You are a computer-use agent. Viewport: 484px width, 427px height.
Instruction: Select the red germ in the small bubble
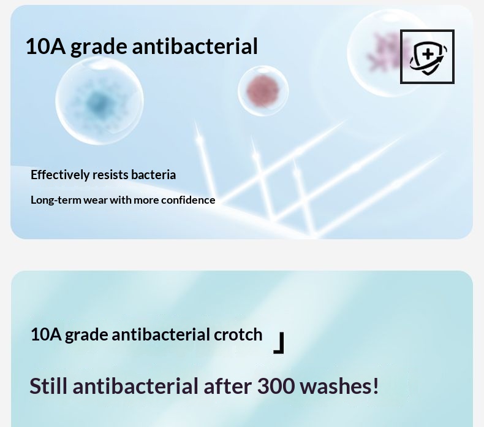pyautogui.click(x=263, y=91)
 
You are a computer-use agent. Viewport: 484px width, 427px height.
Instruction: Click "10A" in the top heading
pyautogui.click(x=45, y=47)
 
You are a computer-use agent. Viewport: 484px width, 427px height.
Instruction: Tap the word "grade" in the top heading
pyautogui.click(x=99, y=47)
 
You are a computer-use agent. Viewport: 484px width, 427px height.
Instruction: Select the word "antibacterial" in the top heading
pyautogui.click(x=195, y=47)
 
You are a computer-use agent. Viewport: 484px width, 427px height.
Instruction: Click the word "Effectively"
pyautogui.click(x=59, y=175)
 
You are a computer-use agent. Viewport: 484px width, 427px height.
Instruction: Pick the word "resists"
pyautogui.click(x=110, y=175)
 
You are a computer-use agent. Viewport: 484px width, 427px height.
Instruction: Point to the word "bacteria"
pyautogui.click(x=153, y=175)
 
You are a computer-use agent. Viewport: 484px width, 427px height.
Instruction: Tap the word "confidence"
pyautogui.click(x=188, y=200)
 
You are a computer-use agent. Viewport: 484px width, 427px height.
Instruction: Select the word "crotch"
pyautogui.click(x=238, y=334)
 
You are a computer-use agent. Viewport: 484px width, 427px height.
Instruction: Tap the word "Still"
pyautogui.click(x=48, y=386)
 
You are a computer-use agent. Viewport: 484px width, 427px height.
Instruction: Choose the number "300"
pyautogui.click(x=276, y=386)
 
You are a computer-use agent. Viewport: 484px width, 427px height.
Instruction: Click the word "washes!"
pyautogui.click(x=339, y=386)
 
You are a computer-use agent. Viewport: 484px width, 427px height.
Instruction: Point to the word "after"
pyautogui.click(x=227, y=386)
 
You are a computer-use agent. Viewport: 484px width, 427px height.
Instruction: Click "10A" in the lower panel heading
pyautogui.click(x=46, y=334)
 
